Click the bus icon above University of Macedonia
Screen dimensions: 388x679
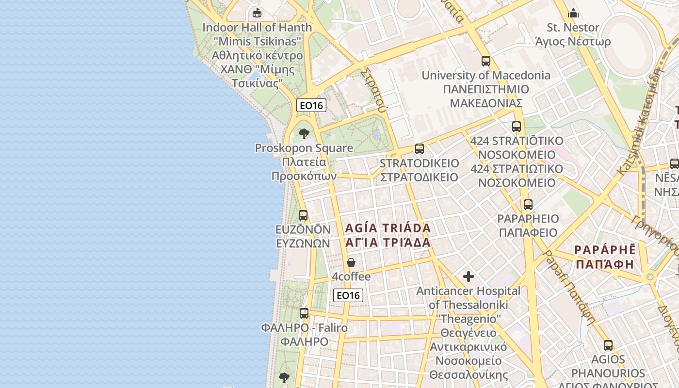tap(486, 61)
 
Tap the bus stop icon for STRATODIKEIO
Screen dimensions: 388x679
tap(420, 149)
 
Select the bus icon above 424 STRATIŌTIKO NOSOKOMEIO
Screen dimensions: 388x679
tap(517, 127)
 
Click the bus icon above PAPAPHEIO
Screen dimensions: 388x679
tap(528, 205)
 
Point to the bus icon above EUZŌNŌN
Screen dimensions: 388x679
tap(303, 215)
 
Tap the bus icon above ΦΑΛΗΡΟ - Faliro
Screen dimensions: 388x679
tap(304, 313)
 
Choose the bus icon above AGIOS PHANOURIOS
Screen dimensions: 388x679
tap(608, 345)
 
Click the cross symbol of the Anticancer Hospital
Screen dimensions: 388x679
tap(469, 276)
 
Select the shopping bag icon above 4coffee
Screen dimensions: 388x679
tap(351, 262)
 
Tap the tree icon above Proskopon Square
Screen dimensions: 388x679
tap(304, 133)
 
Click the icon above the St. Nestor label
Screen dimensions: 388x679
tap(573, 13)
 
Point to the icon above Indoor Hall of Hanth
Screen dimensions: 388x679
tap(257, 13)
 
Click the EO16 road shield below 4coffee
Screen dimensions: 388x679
tap(348, 295)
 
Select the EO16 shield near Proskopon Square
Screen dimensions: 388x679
tap(311, 105)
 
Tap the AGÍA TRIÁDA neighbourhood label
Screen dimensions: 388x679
tap(388, 228)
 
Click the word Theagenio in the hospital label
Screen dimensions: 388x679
tap(469, 319)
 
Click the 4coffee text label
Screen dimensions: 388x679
tap(351, 277)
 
